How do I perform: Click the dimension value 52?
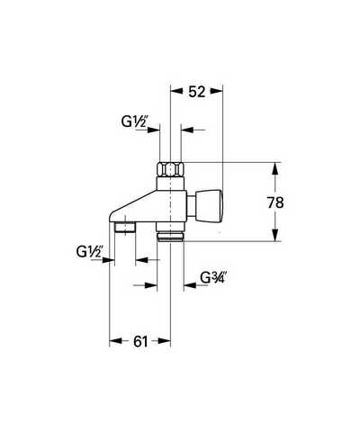tap(197, 92)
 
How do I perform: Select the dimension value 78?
tap(275, 202)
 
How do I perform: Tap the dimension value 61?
tap(140, 341)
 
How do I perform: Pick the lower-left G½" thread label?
tap(89, 251)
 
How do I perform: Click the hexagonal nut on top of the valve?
tap(170, 170)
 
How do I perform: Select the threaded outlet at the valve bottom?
tap(170, 235)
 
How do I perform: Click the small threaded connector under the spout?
tap(126, 227)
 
